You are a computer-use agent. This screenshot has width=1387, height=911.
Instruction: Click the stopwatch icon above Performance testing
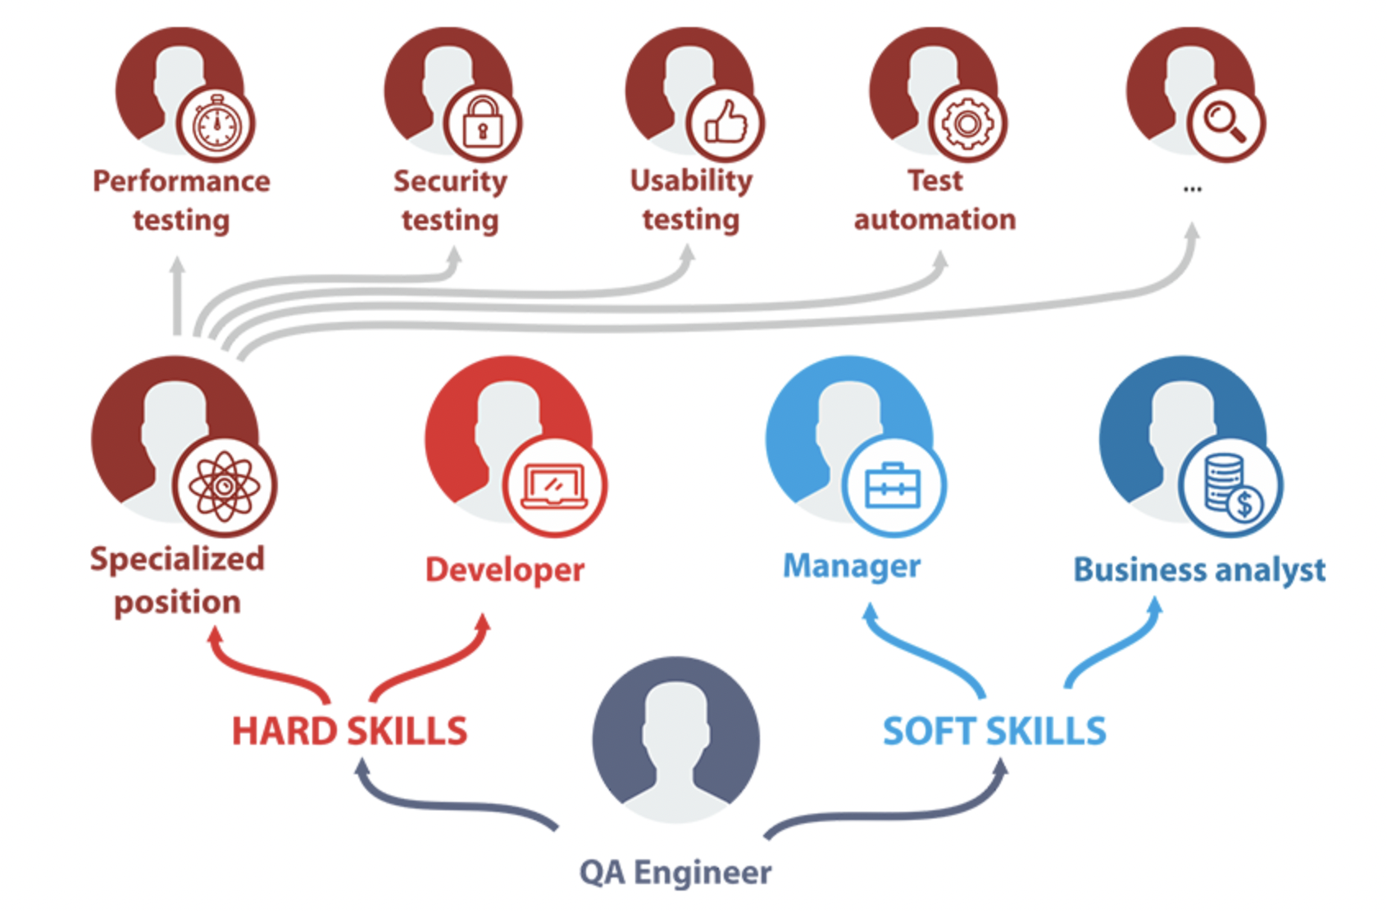click(x=216, y=125)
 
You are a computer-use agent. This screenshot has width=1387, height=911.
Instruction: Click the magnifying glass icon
click(x=1225, y=123)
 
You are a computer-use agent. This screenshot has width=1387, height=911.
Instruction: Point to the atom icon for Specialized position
click(x=225, y=487)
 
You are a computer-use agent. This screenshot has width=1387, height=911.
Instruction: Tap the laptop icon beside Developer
click(x=555, y=486)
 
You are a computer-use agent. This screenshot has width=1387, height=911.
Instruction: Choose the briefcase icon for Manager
click(x=893, y=485)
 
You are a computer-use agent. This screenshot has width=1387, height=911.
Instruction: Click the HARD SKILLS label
click(x=349, y=731)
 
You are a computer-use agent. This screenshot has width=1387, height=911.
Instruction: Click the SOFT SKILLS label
click(x=994, y=731)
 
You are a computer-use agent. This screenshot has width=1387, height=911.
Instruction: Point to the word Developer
click(x=505, y=569)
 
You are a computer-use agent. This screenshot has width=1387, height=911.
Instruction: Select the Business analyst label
click(x=1199, y=569)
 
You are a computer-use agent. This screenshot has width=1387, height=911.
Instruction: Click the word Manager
click(x=852, y=566)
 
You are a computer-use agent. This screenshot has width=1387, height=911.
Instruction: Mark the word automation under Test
click(x=935, y=220)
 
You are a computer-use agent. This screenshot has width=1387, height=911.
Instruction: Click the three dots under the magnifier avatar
click(x=1193, y=189)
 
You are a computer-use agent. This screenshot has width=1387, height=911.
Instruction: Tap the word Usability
click(x=691, y=181)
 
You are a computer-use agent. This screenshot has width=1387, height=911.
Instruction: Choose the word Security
click(x=450, y=181)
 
